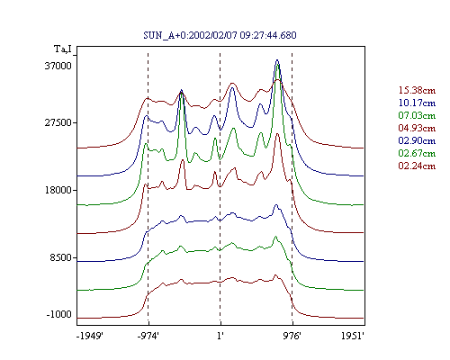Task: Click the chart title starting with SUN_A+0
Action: pos(220,35)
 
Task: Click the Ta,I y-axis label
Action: pos(63,49)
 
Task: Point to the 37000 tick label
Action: pos(58,66)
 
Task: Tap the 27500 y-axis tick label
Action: pos(58,123)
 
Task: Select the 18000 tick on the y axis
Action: pos(58,190)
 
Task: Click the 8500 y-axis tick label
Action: pos(61,257)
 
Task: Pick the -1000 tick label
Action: pos(59,314)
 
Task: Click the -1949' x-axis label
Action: pos(90,336)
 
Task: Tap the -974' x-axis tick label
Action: pos(148,336)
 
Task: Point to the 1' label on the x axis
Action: pos(220,336)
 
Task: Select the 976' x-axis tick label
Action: pos(292,336)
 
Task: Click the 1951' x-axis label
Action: pos(353,336)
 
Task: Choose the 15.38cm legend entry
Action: pos(417,90)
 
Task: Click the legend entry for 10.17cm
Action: pos(417,103)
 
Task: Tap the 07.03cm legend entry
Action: pos(417,115)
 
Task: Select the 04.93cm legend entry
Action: pos(417,128)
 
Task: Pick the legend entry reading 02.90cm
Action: pos(417,140)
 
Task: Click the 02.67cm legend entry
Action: pos(417,153)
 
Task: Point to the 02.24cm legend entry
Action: pos(417,166)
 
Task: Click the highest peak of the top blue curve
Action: pos(277,60)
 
